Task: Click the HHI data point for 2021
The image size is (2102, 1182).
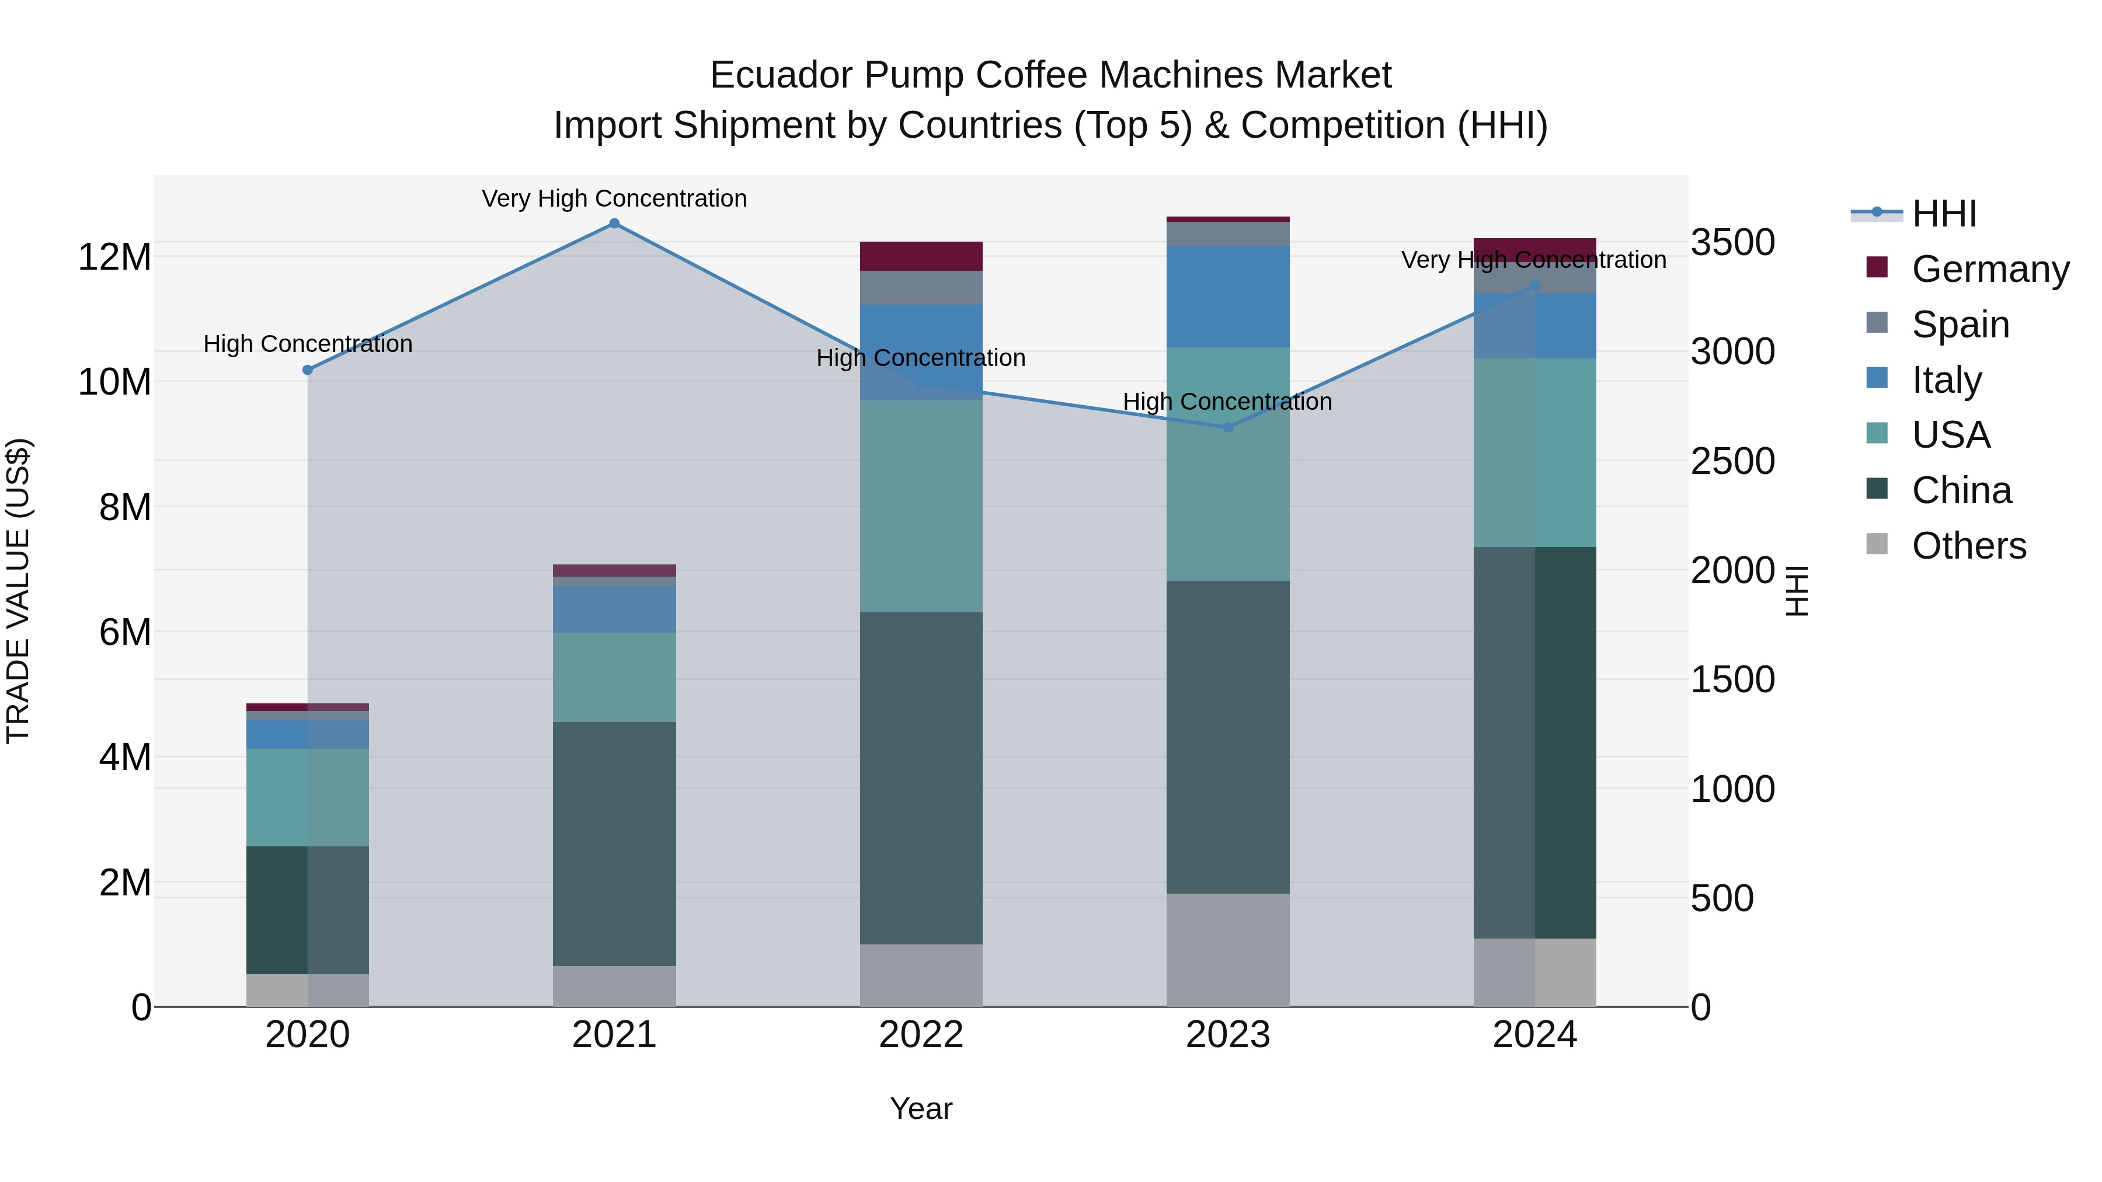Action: [614, 224]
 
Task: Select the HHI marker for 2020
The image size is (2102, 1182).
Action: [308, 370]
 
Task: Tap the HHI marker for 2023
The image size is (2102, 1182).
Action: [1228, 427]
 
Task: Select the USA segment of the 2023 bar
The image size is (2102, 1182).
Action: [1228, 463]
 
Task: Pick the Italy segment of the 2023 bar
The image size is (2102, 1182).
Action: [1228, 296]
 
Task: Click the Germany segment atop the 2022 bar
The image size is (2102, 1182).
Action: [921, 256]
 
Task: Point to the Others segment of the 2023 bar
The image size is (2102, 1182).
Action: [1228, 950]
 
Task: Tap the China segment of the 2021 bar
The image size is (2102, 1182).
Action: [614, 843]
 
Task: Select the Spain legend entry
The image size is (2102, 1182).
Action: [1960, 325]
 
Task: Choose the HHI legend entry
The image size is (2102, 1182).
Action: [1944, 214]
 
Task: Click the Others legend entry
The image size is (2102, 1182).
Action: [1968, 546]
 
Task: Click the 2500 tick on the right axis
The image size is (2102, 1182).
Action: [1732, 462]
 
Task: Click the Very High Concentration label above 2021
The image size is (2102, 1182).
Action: [614, 198]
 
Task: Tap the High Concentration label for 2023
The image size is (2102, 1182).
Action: [1227, 402]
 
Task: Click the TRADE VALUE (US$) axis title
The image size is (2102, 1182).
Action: [18, 591]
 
